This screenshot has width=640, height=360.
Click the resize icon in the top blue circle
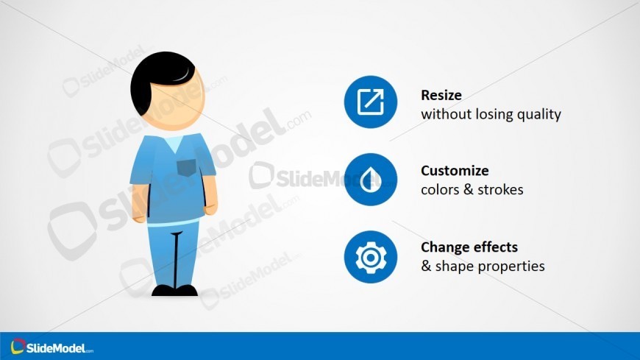370,102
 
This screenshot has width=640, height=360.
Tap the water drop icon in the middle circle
370,180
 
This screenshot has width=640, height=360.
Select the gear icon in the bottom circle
370,257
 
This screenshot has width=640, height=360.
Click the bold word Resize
441,95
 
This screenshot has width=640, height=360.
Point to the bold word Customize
455,171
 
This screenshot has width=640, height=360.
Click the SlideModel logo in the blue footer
51,347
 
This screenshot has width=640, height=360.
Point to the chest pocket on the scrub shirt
186,167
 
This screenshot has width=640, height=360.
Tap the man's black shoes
174,290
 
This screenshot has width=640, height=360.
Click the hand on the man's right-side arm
210,205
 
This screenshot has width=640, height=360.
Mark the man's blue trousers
174,250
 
